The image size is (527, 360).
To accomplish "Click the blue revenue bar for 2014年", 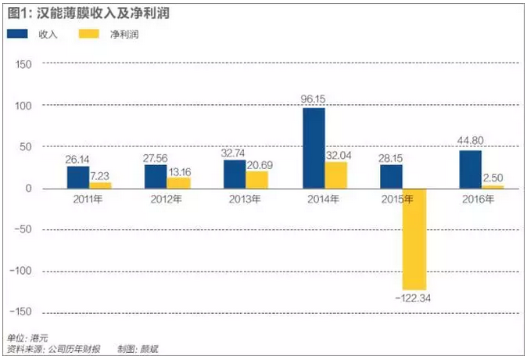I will pos(314,148).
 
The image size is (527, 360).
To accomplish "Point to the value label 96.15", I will pos(314,100).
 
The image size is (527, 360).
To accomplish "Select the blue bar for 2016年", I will pos(471,170).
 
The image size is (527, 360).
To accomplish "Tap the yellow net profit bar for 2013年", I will pos(256,180).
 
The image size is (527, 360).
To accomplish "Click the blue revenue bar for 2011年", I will pos(78,178).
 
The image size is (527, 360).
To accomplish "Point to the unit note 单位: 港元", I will pos(27,337).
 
